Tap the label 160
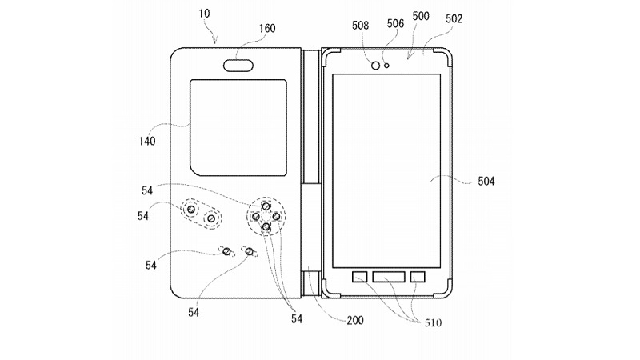click(267, 29)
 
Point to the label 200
click(355, 320)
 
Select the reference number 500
click(422, 16)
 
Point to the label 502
click(454, 18)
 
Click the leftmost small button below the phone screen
click(360, 277)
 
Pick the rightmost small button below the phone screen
click(418, 277)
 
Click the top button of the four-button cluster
click(266, 206)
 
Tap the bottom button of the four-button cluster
click(266, 226)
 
